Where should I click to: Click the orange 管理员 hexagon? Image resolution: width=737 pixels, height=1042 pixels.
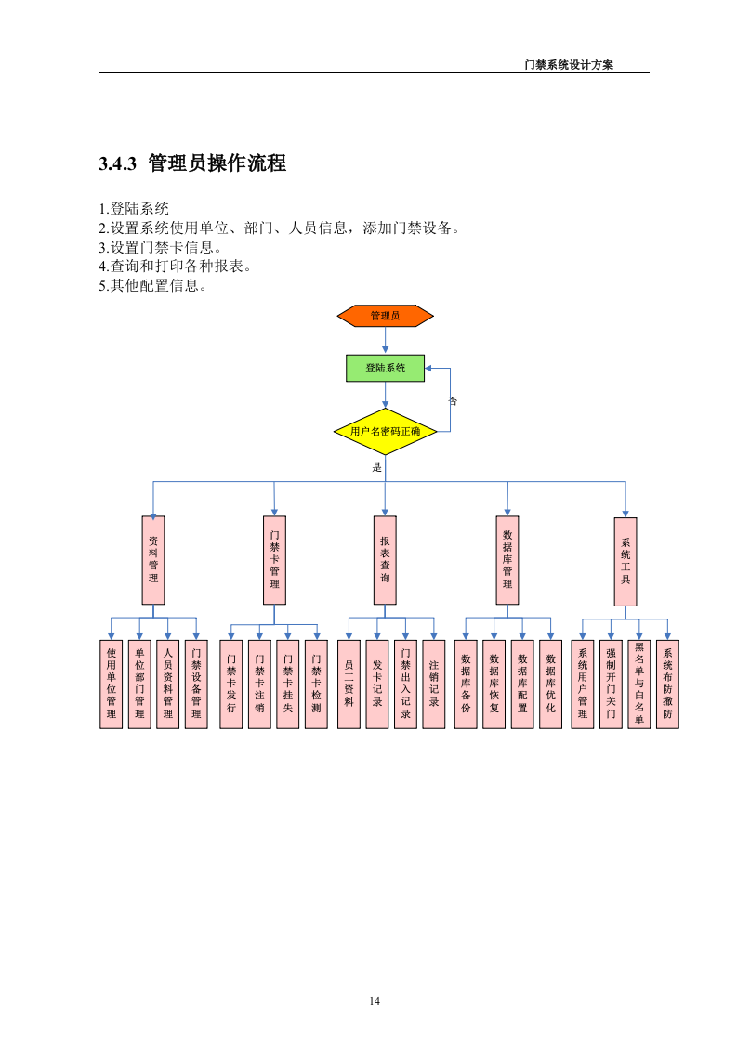point(385,316)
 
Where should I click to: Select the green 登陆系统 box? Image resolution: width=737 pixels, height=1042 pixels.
point(385,368)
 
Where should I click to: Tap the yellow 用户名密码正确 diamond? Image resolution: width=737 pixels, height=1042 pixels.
point(385,432)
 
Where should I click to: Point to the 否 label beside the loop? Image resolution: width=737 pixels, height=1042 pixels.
point(454,401)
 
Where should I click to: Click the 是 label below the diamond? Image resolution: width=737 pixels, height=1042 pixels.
point(377,467)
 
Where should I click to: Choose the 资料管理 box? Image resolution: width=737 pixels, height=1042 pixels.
point(153,560)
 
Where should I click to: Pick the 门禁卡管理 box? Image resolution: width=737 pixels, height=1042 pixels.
point(274,560)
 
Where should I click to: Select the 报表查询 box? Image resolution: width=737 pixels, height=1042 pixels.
point(385,560)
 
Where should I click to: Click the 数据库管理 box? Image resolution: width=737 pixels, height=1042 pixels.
point(507,560)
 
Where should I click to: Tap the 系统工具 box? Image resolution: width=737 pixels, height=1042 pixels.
point(625,560)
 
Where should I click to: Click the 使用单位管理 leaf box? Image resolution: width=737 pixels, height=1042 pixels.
point(112,684)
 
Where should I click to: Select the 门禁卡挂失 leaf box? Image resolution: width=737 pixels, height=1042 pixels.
point(288,684)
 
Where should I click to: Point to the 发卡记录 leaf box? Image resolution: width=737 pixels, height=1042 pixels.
point(377,684)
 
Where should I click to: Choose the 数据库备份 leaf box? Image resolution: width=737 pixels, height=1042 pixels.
point(466,684)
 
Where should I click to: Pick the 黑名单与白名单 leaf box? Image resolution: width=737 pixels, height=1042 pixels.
point(638,684)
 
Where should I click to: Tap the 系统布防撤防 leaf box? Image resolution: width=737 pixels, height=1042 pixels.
point(667,684)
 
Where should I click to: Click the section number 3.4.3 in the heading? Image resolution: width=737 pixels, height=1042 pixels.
point(118,164)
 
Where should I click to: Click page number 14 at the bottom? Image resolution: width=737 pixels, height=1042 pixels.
point(375,1000)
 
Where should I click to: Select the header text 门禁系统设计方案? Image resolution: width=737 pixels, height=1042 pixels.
point(569,65)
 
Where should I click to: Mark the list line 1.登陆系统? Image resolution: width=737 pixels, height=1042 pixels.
point(134,209)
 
